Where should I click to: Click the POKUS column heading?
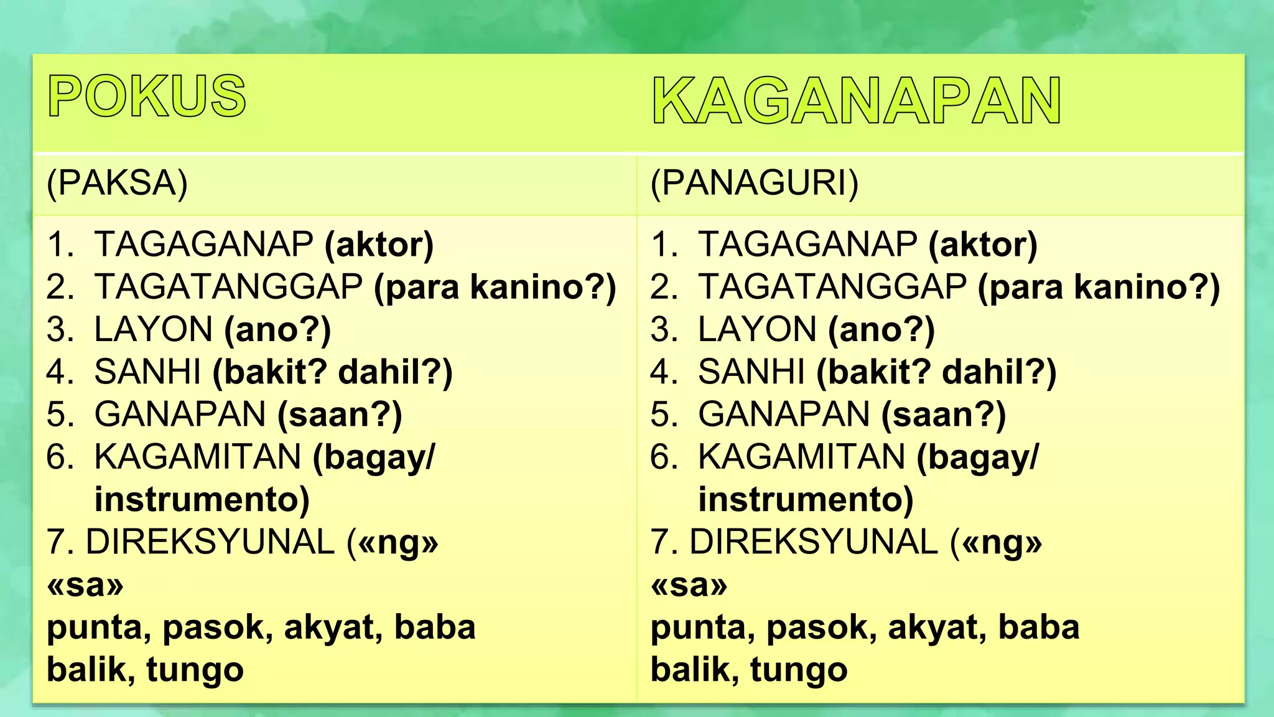(147, 96)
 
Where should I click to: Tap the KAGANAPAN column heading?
(856, 101)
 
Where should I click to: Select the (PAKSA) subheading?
(117, 183)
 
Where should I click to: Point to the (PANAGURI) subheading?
(754, 183)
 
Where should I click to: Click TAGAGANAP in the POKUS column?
(203, 244)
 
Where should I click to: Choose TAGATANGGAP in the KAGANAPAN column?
(832, 287)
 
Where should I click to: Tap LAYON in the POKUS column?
(154, 329)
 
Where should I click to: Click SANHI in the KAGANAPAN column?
(751, 372)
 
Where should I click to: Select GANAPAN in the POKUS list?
(180, 415)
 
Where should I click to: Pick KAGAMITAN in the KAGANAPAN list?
(801, 457)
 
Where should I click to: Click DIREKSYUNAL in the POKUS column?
(210, 541)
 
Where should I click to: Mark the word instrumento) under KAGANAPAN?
(806, 499)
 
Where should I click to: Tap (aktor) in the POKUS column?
(379, 244)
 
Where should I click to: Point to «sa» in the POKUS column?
(85, 584)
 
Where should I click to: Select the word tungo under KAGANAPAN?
(799, 670)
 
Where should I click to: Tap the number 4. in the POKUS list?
(60, 372)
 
